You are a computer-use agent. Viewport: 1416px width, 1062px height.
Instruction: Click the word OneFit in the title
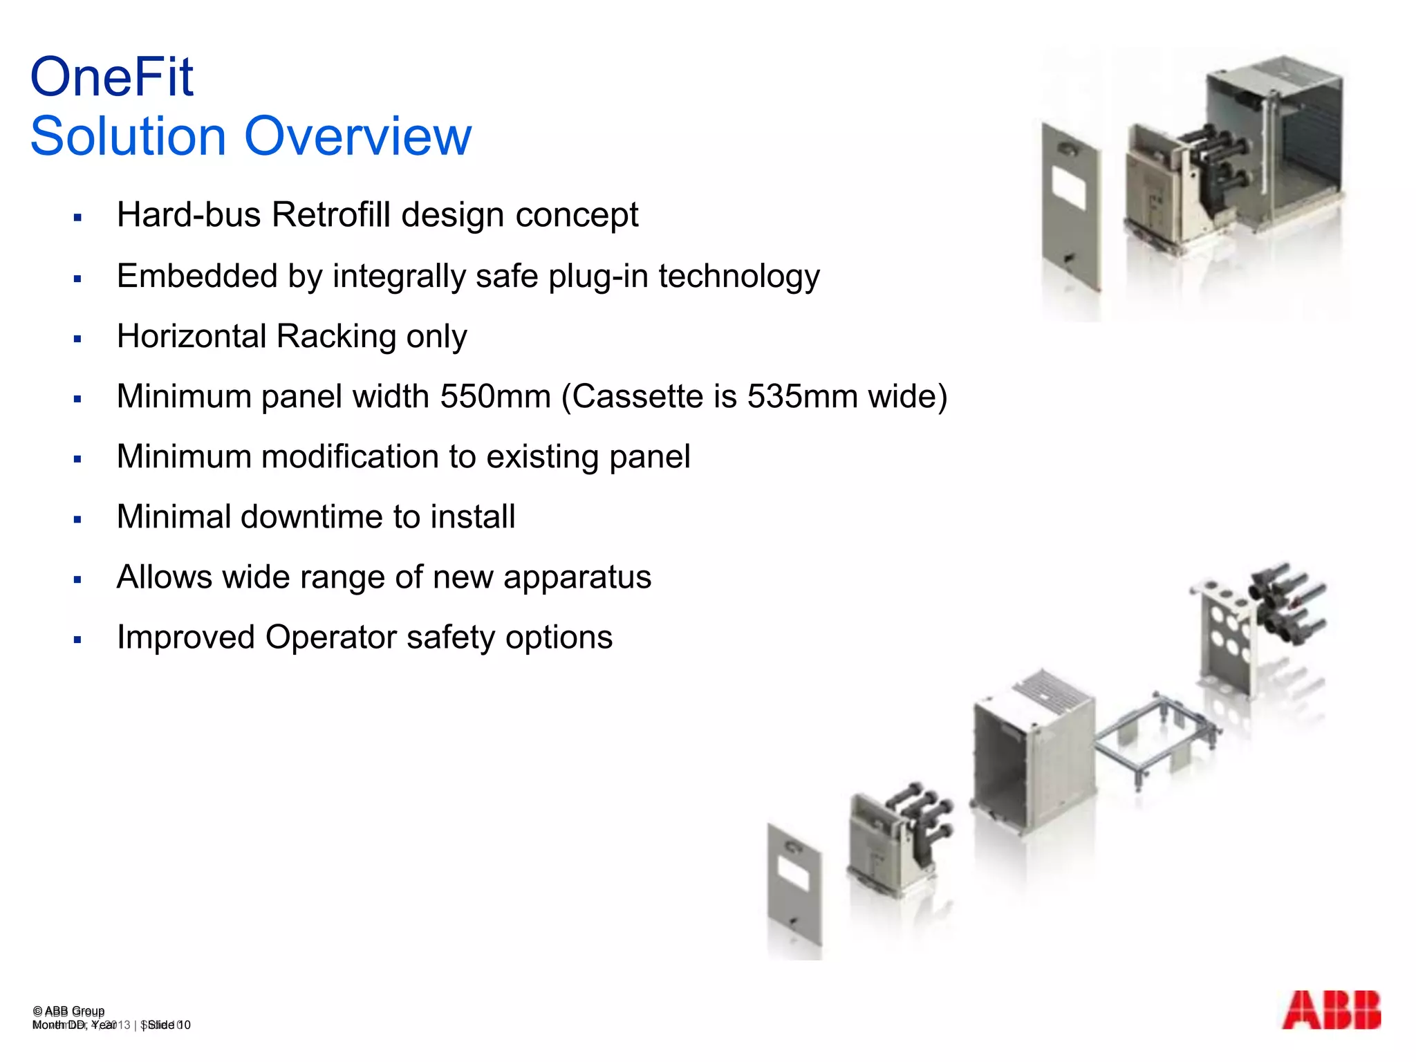click(112, 77)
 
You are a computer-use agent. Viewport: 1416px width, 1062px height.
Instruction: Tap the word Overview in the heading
click(357, 136)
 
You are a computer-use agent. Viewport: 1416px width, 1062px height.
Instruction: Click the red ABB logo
click(1331, 1010)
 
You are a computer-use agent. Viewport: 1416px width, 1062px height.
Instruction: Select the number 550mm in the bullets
click(495, 397)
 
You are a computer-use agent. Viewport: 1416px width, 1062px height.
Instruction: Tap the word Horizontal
click(192, 337)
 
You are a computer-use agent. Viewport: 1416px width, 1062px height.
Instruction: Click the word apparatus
click(577, 577)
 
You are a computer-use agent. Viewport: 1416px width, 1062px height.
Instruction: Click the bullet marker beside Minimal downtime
click(77, 520)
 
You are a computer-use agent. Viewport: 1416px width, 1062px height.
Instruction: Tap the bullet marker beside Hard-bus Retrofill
click(77, 218)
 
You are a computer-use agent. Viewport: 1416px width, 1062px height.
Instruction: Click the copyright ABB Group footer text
click(68, 1011)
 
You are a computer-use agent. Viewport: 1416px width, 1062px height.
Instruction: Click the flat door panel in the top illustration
click(1070, 207)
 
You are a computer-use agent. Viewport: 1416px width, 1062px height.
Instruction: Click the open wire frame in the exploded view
click(1155, 740)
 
